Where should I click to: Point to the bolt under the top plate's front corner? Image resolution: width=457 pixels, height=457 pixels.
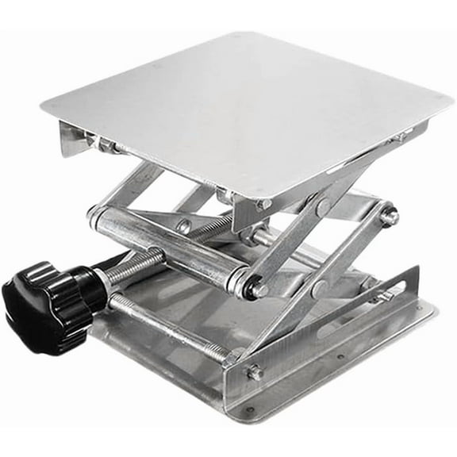[263, 205]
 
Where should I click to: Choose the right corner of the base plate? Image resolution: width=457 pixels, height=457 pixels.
[432, 309]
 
